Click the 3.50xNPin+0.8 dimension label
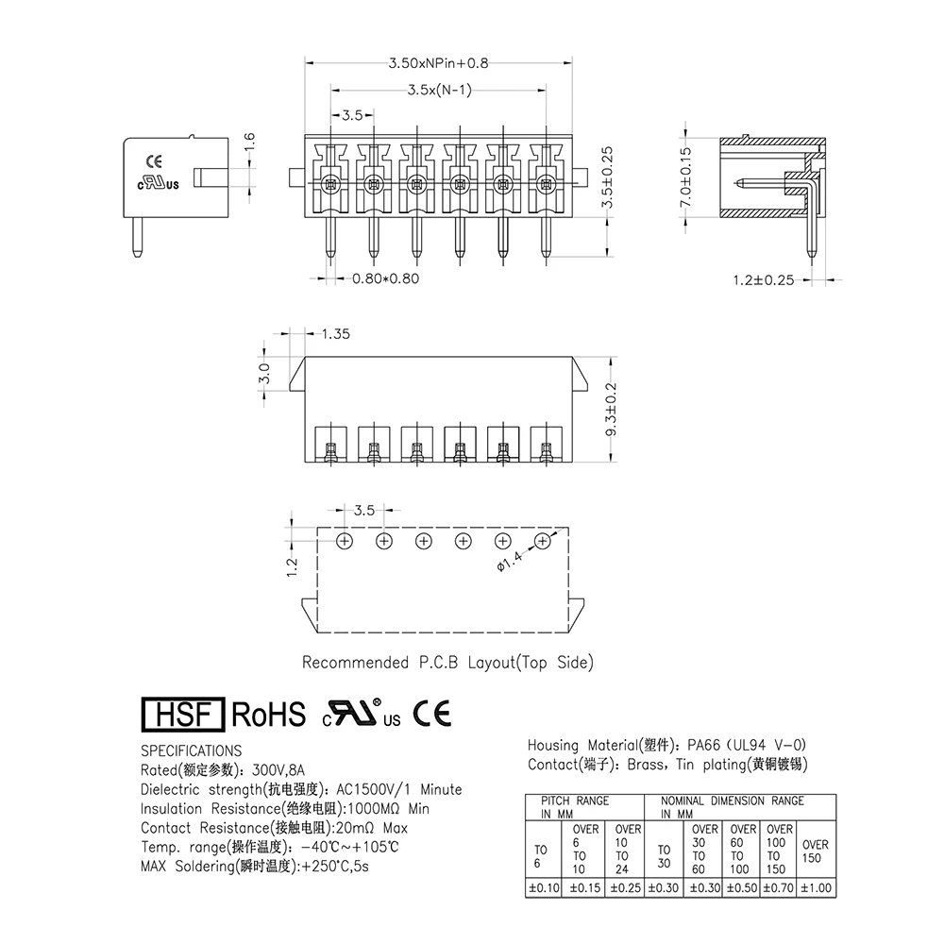coord(438,64)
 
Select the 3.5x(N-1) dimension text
coord(439,91)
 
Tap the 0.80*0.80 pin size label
coord(385,279)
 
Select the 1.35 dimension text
coord(336,334)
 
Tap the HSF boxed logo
coord(181,715)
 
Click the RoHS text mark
coord(269,715)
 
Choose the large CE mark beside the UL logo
coord(432,714)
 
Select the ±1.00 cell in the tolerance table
coord(817,887)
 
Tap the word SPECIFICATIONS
coord(191,750)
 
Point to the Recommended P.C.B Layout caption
coord(447,663)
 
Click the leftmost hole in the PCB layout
coord(345,541)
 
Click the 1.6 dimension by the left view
coord(249,143)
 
